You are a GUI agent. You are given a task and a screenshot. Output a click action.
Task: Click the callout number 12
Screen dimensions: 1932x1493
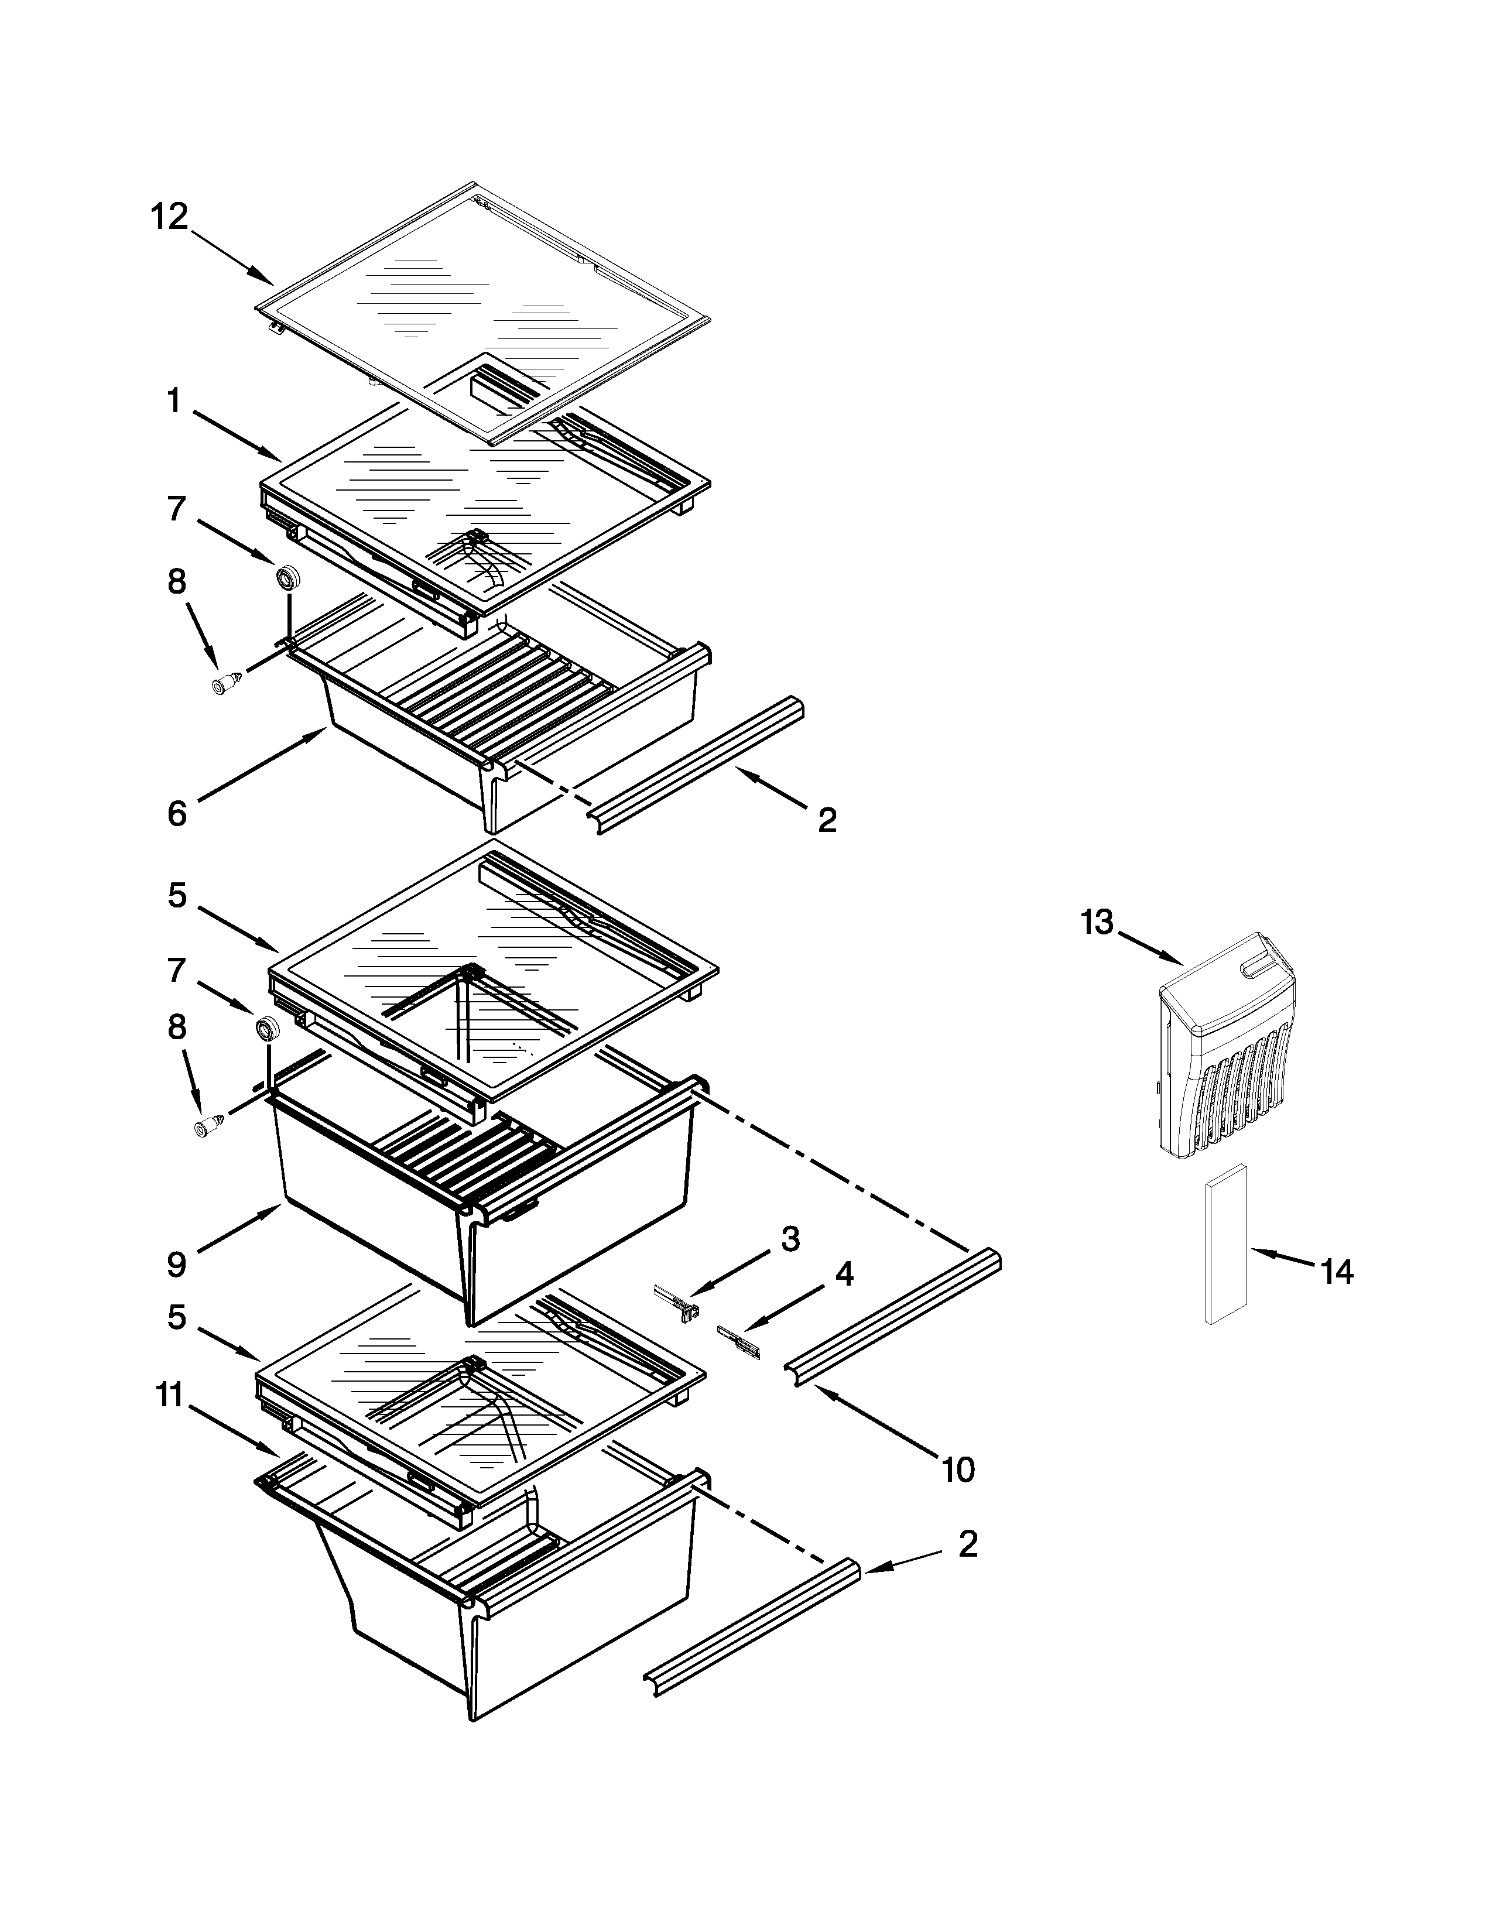click(169, 216)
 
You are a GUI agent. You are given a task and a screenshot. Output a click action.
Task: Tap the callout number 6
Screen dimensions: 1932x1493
click(177, 812)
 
